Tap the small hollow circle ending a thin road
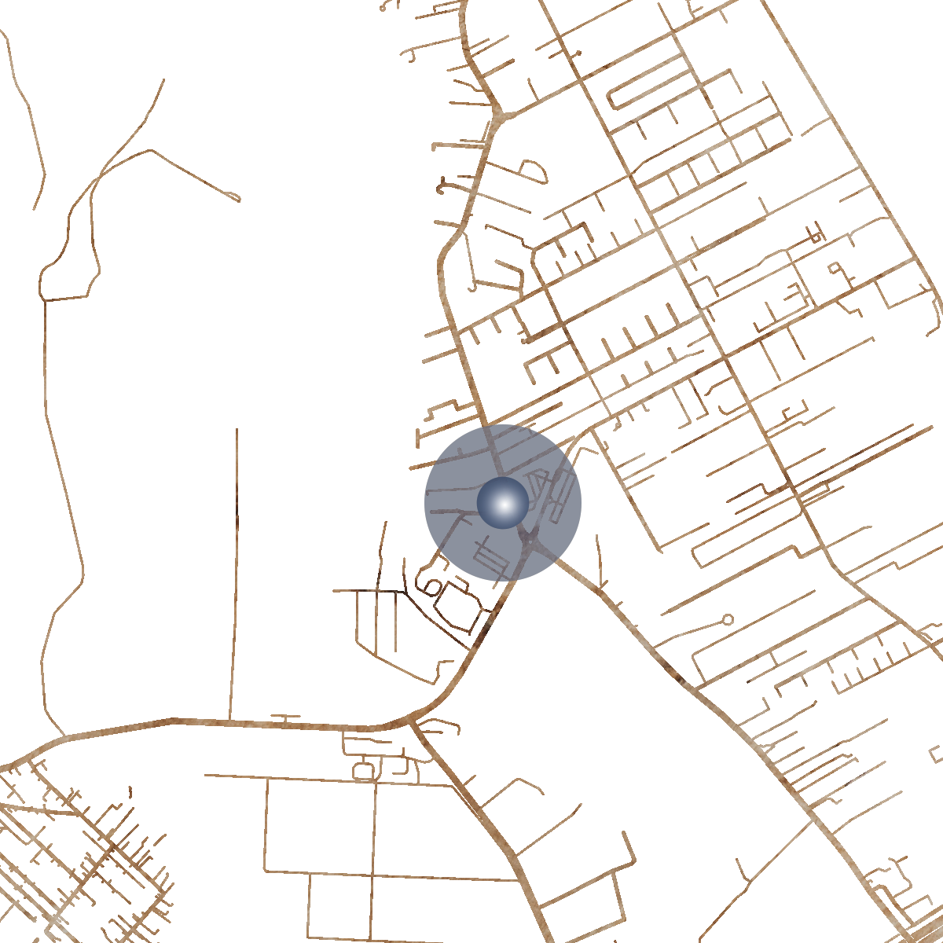(x=728, y=619)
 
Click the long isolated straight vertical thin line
(x=234, y=566)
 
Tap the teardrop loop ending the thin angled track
(x=233, y=196)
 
